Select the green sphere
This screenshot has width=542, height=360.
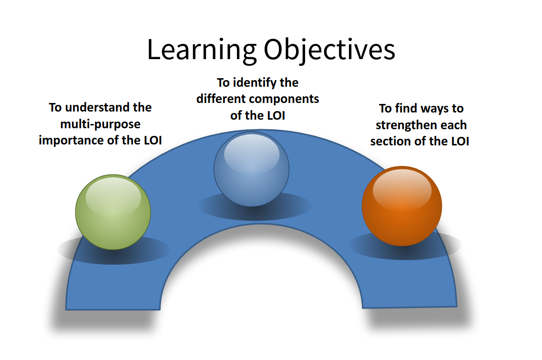click(x=113, y=212)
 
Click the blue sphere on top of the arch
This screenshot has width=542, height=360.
click(x=251, y=169)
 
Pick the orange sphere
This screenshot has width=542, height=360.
click(x=401, y=206)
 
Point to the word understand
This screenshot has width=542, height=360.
click(x=97, y=108)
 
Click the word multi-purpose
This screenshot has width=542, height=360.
click(x=100, y=124)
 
